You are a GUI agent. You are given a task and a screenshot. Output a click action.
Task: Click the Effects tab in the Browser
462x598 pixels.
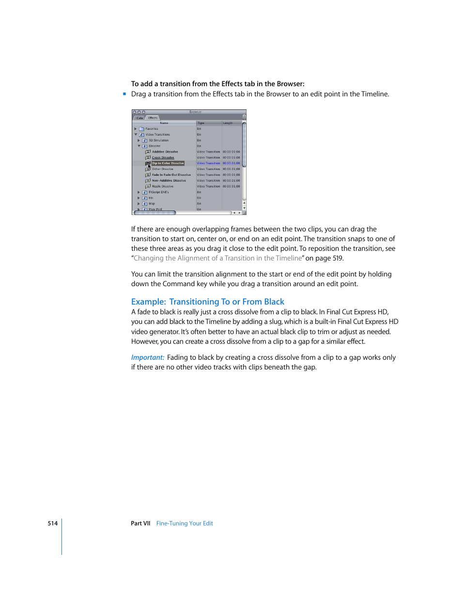(x=153, y=118)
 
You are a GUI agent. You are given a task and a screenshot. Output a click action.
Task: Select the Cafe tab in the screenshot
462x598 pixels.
(x=139, y=118)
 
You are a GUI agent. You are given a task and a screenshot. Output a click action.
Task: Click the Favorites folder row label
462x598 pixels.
(x=152, y=129)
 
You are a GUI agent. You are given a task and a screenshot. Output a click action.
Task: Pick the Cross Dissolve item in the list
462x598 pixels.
(x=163, y=157)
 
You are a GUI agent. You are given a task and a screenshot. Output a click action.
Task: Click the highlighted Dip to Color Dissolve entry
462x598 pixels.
(x=168, y=163)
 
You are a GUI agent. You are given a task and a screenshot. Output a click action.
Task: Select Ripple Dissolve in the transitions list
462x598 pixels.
(x=162, y=186)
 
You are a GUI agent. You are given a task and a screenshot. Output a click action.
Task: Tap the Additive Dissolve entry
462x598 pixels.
(x=165, y=152)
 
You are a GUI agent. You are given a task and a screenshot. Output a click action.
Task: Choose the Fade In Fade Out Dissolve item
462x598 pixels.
(x=171, y=175)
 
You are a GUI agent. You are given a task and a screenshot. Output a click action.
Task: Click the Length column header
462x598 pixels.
(x=228, y=123)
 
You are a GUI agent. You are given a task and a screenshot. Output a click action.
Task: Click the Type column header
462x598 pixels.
(x=201, y=123)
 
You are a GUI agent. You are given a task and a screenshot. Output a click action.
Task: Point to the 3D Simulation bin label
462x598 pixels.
(x=158, y=140)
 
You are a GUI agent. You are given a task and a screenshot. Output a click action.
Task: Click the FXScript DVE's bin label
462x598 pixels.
(x=158, y=192)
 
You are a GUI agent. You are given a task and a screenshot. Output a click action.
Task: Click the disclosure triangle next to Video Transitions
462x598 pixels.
(x=136, y=135)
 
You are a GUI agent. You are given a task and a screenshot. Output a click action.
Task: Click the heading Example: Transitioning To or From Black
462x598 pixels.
(x=207, y=302)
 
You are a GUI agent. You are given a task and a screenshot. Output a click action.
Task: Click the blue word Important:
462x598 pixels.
(x=148, y=357)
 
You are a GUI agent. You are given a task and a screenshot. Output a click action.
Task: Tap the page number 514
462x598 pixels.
(x=52, y=523)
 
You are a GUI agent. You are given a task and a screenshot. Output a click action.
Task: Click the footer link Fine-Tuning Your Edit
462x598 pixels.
(x=185, y=523)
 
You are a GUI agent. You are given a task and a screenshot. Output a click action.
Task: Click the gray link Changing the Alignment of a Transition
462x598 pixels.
(x=218, y=258)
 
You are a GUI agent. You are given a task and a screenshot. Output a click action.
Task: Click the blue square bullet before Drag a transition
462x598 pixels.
(x=124, y=94)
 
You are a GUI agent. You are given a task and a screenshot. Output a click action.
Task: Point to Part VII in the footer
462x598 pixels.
(x=140, y=523)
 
